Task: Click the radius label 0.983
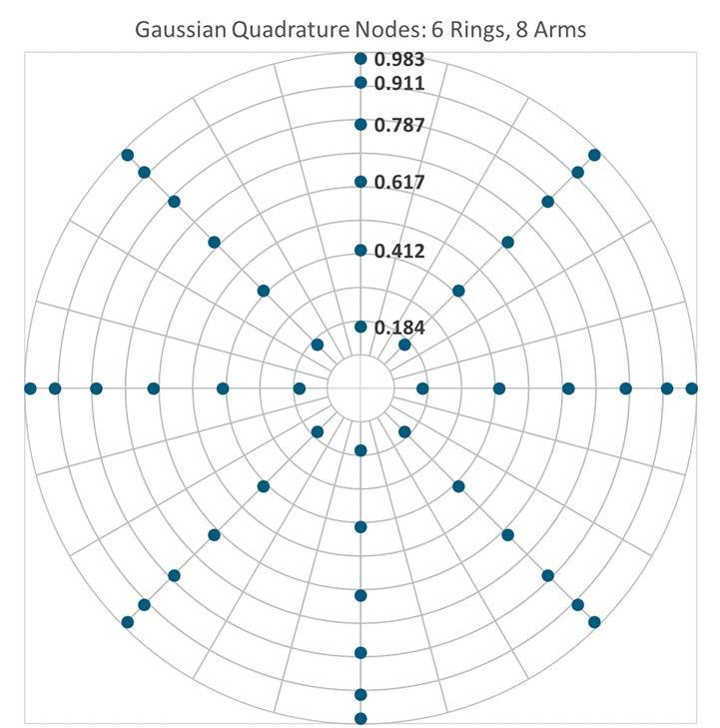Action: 398,59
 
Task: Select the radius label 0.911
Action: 398,83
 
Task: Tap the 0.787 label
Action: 398,126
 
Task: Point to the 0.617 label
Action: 398,183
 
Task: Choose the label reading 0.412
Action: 398,251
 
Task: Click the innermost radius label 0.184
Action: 398,327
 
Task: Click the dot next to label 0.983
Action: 360,59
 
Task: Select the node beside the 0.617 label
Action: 360,182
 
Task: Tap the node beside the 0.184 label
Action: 360,327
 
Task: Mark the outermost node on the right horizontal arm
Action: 691,387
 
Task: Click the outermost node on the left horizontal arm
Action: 30,387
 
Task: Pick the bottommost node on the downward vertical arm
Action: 360,718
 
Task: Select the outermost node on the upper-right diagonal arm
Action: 595,154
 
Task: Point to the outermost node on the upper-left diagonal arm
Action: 127,154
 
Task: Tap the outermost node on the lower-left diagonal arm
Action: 127,622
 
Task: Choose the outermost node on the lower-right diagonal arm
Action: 595,622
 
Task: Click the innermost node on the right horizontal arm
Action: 422,387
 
